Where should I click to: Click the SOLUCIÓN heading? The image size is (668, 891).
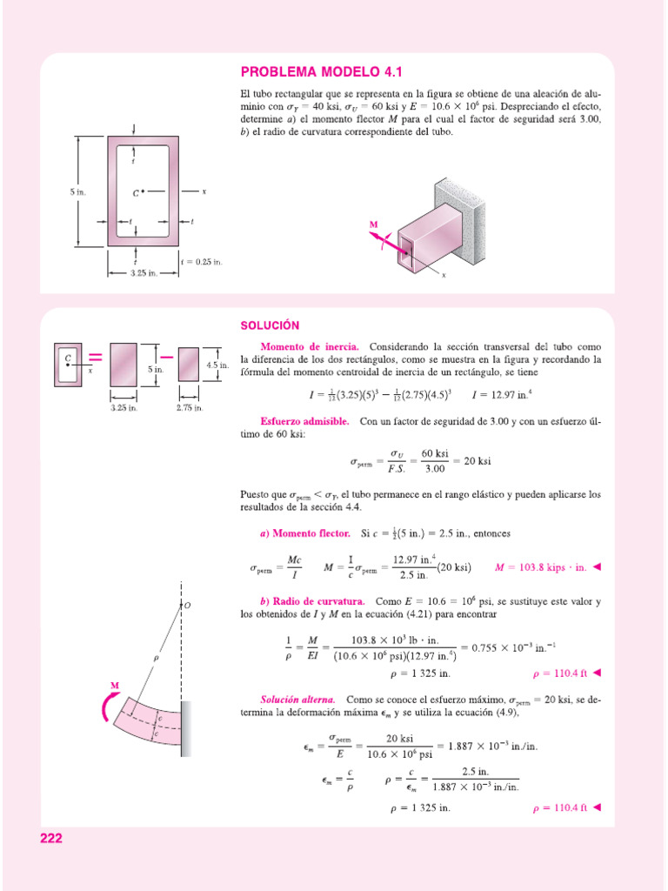(x=270, y=325)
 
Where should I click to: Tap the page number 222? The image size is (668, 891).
(x=51, y=839)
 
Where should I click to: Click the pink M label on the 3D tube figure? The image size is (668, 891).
(x=374, y=224)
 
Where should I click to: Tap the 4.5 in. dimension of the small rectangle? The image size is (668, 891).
(x=217, y=366)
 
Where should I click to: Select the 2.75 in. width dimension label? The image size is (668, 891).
(x=189, y=407)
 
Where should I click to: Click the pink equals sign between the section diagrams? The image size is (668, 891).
(x=94, y=358)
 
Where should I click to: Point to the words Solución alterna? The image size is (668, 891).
(x=298, y=699)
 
